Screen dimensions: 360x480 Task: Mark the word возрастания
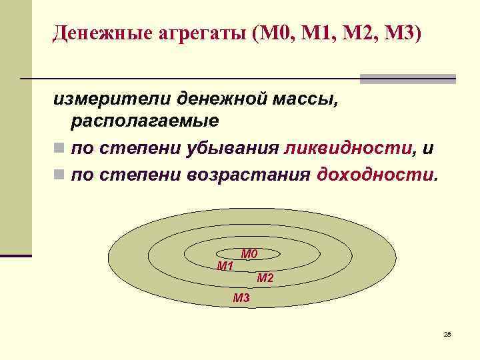coord(247,175)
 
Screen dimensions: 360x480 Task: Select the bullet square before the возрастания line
coord(59,175)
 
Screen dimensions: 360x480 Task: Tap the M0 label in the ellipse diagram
coord(249,254)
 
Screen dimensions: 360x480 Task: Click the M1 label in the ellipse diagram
coord(225,266)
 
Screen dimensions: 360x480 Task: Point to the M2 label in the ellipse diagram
coord(265,278)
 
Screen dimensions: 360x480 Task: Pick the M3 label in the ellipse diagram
coord(241,298)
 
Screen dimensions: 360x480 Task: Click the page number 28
coord(447,333)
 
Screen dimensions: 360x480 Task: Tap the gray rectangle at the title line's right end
coord(407,79)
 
